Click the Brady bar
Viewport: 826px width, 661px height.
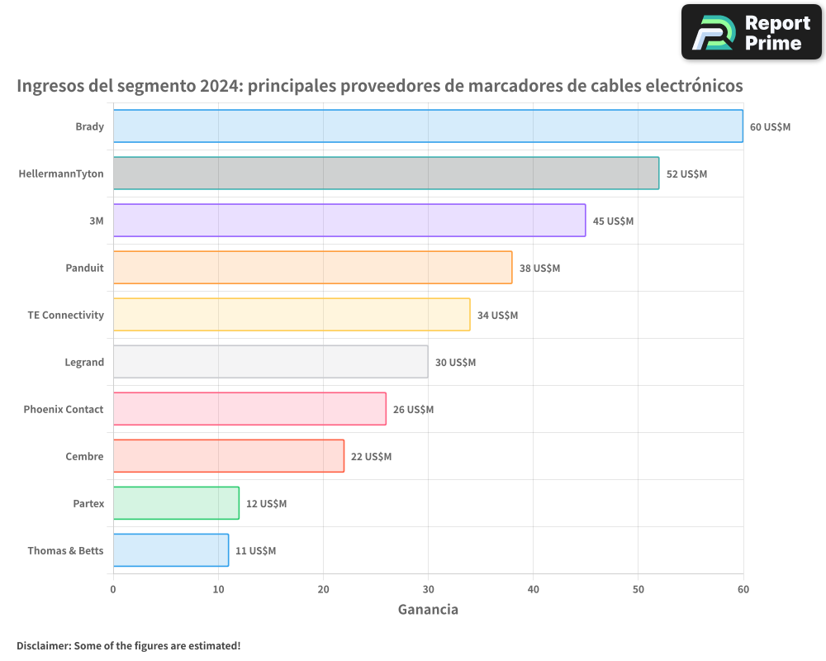coord(428,126)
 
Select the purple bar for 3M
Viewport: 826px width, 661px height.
coord(349,221)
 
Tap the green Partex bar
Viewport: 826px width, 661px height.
coord(176,503)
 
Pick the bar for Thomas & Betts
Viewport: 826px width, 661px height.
coord(170,550)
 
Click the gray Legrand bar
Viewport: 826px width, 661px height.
coord(270,362)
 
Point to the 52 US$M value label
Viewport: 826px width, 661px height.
coord(686,174)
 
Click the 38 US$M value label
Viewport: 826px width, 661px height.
coord(539,269)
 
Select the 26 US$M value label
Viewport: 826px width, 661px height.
coord(413,410)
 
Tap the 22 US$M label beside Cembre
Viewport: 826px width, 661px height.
coord(371,457)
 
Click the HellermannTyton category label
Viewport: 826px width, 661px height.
coord(61,174)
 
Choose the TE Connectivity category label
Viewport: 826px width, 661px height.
coord(66,315)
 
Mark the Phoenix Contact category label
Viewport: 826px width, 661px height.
coord(64,409)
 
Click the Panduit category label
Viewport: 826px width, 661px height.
coord(84,268)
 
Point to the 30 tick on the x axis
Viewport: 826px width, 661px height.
coord(428,589)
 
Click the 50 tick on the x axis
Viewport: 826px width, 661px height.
coord(638,589)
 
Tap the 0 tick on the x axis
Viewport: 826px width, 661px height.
coord(113,589)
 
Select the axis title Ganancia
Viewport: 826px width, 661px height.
coord(428,610)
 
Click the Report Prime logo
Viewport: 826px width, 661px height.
coord(751,32)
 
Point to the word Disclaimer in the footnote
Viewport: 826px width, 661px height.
coord(42,645)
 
